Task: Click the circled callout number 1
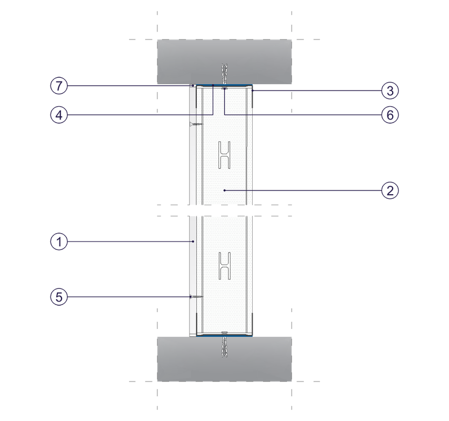pos(59,242)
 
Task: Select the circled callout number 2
pos(390,191)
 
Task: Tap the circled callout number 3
pos(390,91)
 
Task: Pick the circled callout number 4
pos(59,115)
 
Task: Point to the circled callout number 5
pos(59,297)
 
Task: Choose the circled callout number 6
pos(390,115)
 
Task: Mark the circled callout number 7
pos(59,86)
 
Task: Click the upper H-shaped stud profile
pos(224,155)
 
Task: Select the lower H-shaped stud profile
pos(224,266)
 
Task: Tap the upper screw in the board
pos(196,124)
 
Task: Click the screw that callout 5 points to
pos(196,297)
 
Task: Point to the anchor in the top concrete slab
pos(224,74)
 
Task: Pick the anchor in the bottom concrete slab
pos(224,347)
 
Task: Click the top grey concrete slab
pos(224,62)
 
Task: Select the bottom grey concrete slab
pos(224,359)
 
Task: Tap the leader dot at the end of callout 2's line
pos(224,191)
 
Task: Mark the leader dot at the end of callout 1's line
pos(193,242)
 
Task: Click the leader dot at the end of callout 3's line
pos(252,91)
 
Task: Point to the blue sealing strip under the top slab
pos(224,85)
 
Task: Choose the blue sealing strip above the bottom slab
pos(224,336)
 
